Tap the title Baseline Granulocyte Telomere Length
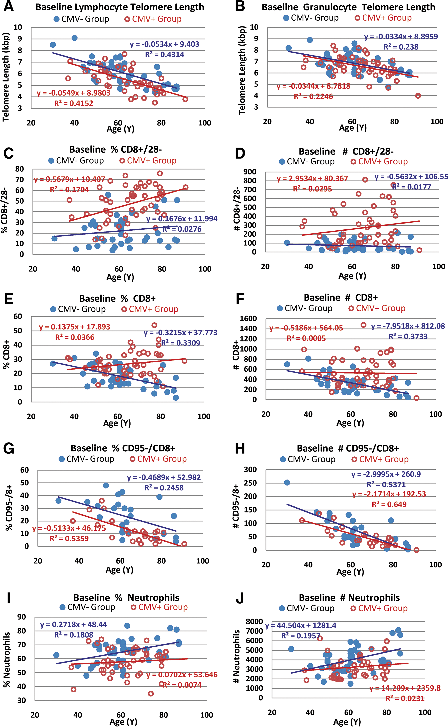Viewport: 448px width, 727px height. click(348, 7)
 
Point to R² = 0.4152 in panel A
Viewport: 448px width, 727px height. click(74, 103)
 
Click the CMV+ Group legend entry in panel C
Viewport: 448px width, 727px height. click(148, 161)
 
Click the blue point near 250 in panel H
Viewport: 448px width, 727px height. click(287, 482)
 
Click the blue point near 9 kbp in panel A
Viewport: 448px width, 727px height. click(74, 38)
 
